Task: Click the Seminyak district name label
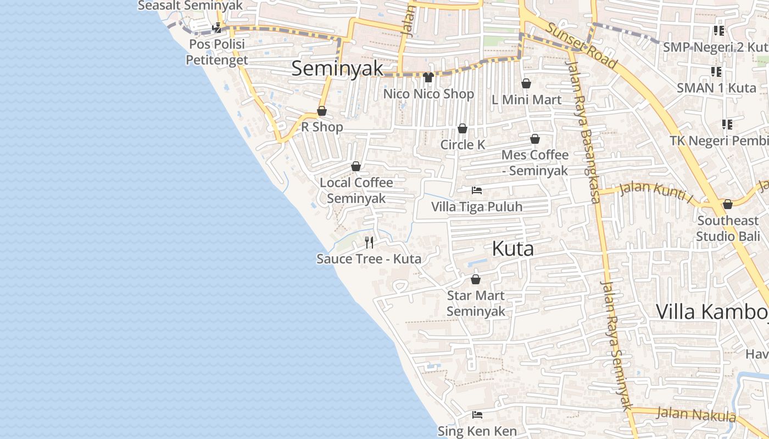337,69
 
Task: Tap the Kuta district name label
512,249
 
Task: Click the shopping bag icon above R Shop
322,111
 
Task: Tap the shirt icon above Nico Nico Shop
428,77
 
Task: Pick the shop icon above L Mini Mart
526,83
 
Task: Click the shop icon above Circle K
462,128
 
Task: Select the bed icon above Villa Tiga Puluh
477,190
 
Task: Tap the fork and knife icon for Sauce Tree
369,242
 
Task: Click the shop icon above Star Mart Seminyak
476,279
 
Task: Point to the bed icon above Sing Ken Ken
477,415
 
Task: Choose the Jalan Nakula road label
696,414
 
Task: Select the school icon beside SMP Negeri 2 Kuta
718,31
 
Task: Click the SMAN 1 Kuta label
716,88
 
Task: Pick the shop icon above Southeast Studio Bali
728,205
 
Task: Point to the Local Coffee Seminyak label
356,190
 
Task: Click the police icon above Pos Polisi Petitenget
217,27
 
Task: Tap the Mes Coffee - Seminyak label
534,162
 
